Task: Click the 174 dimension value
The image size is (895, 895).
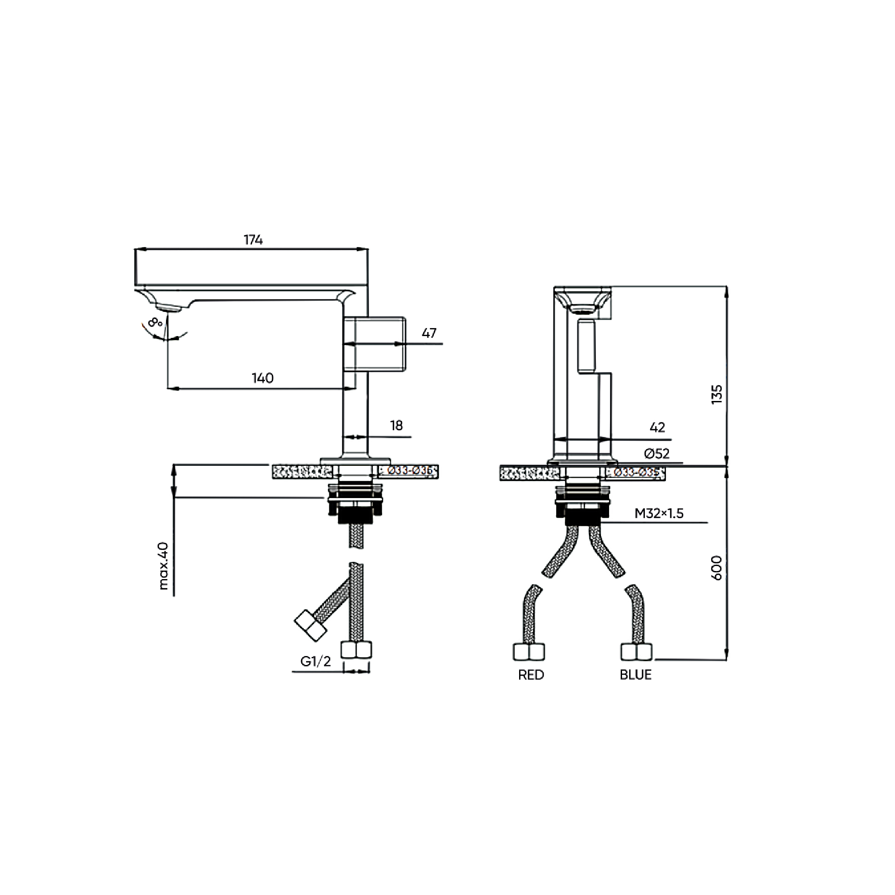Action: point(253,240)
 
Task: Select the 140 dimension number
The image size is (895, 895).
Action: point(263,379)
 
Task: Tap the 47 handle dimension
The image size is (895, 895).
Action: point(429,333)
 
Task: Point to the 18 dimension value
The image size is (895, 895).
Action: point(396,425)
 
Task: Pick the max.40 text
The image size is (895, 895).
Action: point(163,566)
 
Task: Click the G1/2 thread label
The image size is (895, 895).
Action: point(315,661)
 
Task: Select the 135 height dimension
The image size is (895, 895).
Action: point(716,394)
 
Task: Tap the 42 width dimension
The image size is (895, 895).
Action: point(657,427)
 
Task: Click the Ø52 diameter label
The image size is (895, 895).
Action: point(657,453)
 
